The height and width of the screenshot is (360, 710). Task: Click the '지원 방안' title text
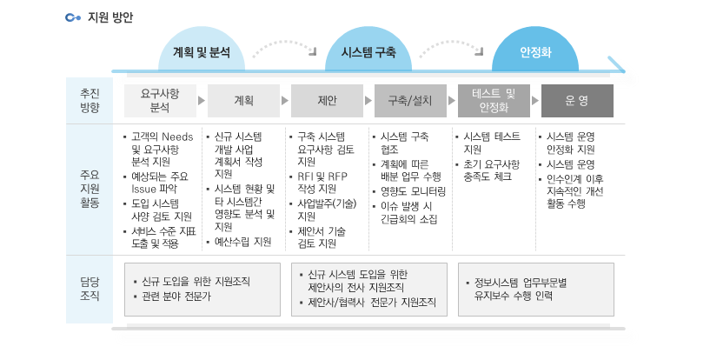pyautogui.click(x=110, y=17)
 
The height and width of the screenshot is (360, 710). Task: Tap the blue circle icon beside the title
pyautogui.click(x=72, y=17)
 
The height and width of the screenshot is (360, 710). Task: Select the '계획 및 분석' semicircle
pyautogui.click(x=202, y=49)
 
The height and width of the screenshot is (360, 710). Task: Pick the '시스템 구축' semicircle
pyautogui.click(x=368, y=49)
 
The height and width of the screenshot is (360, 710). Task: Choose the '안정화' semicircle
pyautogui.click(x=535, y=49)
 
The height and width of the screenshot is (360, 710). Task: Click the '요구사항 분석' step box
pyautogui.click(x=160, y=101)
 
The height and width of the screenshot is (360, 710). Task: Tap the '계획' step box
pyautogui.click(x=243, y=101)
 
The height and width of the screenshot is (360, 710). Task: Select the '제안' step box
pyautogui.click(x=327, y=101)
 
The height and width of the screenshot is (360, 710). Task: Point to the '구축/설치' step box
pyautogui.click(x=410, y=101)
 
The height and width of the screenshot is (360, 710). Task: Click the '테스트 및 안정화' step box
pyautogui.click(x=494, y=101)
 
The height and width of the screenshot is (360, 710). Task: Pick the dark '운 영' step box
pyautogui.click(x=577, y=101)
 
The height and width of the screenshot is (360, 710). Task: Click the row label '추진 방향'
pyautogui.click(x=90, y=101)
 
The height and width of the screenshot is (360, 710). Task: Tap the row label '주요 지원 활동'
pyautogui.click(x=90, y=189)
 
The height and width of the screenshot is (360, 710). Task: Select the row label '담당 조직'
pyautogui.click(x=90, y=289)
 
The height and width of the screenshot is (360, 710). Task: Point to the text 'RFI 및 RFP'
pyautogui.click(x=322, y=177)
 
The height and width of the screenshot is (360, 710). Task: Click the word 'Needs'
pyautogui.click(x=177, y=137)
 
